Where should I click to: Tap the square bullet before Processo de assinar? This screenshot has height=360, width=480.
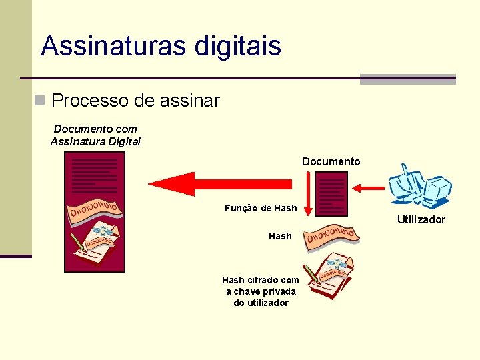click(x=41, y=101)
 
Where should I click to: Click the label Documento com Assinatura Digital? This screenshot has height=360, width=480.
click(x=95, y=135)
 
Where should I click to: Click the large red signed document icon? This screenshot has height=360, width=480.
click(x=94, y=211)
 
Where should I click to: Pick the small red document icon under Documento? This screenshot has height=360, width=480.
click(x=331, y=193)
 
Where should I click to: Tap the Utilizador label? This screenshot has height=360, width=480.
click(x=421, y=219)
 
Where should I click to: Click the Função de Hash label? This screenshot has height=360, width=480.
click(x=261, y=208)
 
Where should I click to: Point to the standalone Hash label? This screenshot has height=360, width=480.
click(x=280, y=236)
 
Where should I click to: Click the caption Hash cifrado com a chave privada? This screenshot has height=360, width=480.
click(x=261, y=291)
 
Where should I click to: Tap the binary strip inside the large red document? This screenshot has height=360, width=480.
click(x=95, y=208)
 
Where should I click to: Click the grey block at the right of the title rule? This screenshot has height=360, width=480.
click(x=407, y=79)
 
